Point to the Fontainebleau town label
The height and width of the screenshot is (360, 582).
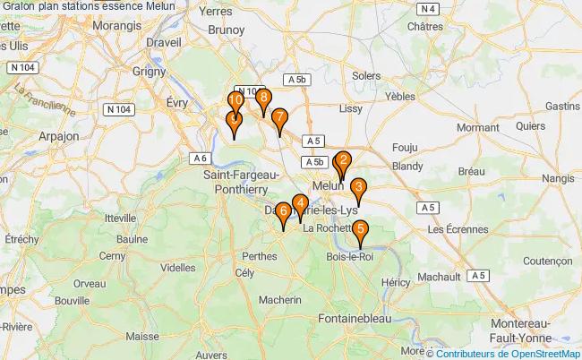[x=356, y=318]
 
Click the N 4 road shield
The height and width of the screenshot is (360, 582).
[x=431, y=7]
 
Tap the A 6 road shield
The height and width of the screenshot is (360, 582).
[x=200, y=158]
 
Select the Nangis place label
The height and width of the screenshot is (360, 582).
[x=558, y=179]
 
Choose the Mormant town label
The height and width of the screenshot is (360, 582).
[x=477, y=128]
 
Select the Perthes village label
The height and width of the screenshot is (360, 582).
[x=261, y=255]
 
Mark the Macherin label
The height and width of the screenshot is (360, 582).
[x=282, y=300]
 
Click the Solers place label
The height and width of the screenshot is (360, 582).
[x=366, y=76]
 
